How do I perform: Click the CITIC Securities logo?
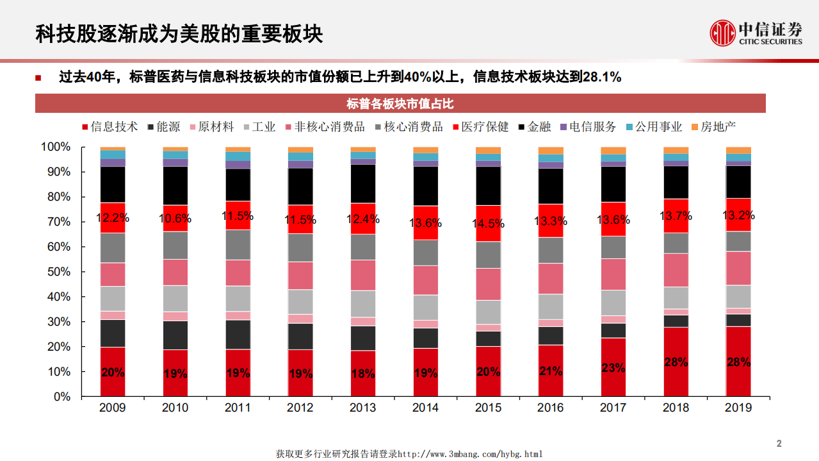[756, 33]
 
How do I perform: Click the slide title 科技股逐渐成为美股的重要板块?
[179, 34]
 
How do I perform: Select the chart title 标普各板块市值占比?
[400, 104]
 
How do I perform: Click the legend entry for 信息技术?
[109, 127]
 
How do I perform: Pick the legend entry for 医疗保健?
[480, 127]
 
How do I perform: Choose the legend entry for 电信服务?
[587, 127]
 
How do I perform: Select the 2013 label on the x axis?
[363, 408]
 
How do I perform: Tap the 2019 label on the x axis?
[738, 408]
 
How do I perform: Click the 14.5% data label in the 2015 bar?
[488, 224]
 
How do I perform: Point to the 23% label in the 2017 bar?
[613, 368]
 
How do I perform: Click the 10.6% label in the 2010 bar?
[175, 219]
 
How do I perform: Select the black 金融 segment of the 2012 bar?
[300, 187]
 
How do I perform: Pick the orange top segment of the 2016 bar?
[551, 151]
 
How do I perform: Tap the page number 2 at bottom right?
[779, 444]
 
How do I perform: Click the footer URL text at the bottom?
[409, 454]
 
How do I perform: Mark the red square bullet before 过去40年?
[38, 78]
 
